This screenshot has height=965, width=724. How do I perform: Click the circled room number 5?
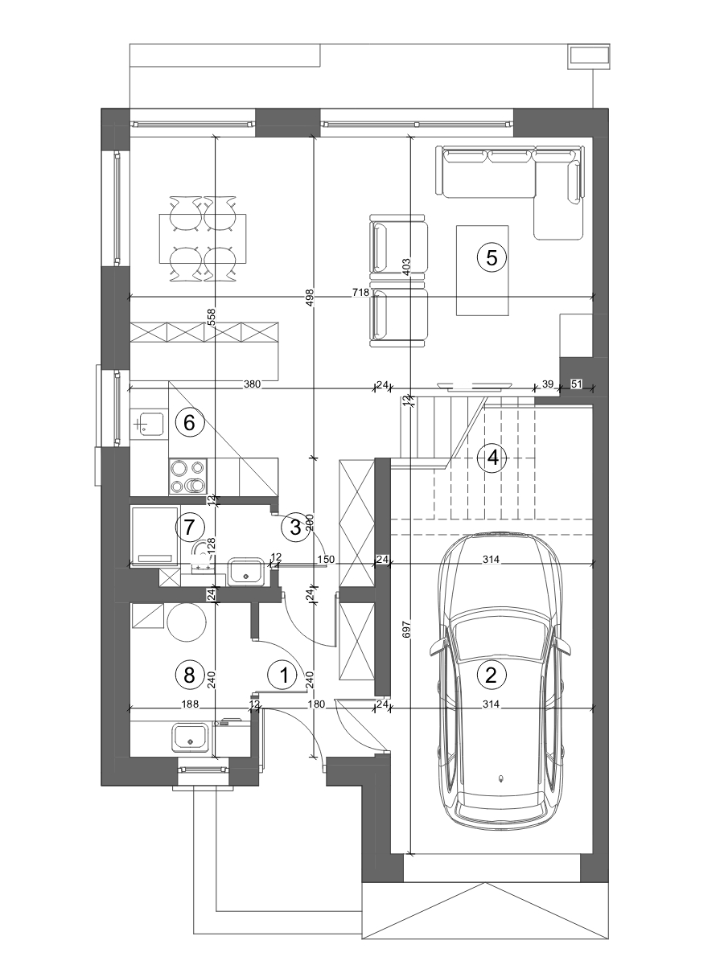point(492,257)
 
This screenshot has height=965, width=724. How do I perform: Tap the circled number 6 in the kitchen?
point(190,423)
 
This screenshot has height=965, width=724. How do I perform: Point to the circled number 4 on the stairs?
point(493,458)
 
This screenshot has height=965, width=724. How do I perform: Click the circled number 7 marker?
point(190,527)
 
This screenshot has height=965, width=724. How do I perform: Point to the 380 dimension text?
point(253,384)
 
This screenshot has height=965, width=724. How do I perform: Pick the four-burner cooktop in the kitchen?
point(187,476)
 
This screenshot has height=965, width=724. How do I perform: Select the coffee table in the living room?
point(483,270)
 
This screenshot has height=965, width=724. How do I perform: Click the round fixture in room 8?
point(187,622)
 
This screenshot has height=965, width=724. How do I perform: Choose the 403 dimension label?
point(406,266)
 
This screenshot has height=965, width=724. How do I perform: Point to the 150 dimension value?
point(326,560)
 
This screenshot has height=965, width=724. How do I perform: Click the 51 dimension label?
point(576,384)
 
